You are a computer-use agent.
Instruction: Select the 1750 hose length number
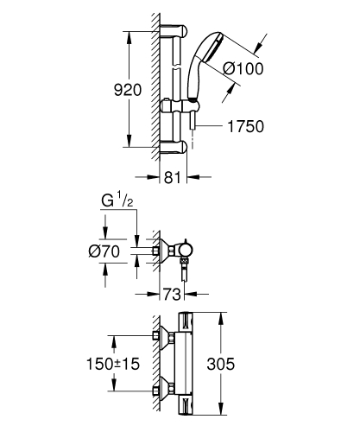245,126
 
